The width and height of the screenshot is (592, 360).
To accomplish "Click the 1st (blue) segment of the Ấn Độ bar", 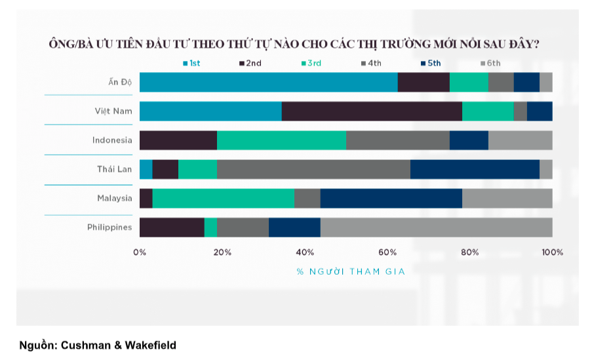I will (268, 82).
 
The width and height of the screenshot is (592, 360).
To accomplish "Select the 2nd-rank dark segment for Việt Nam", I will (372, 111).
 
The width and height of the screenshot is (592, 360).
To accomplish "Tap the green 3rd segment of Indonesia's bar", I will (281, 140).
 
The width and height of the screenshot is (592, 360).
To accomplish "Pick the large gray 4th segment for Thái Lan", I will (313, 169).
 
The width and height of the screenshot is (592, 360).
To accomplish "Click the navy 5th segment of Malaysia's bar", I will (391, 198).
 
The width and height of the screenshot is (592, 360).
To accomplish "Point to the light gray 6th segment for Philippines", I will (436, 227).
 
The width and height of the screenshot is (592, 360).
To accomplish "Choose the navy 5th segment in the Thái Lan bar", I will (475, 169).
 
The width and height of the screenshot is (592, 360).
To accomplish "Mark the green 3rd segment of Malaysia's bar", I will (223, 198).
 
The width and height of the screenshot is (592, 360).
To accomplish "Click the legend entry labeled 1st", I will (191, 63).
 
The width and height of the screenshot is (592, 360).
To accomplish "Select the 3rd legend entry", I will (311, 63).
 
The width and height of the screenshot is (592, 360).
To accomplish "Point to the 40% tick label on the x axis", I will (305, 252).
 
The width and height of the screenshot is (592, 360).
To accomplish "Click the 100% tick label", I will (552, 252).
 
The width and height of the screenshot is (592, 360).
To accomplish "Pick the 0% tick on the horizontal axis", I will (140, 252).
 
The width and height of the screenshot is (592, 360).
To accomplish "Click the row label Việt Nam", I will (113, 111).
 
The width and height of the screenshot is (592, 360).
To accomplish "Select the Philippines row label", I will (109, 227).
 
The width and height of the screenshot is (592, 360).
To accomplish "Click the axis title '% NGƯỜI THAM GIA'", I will (345, 271).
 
